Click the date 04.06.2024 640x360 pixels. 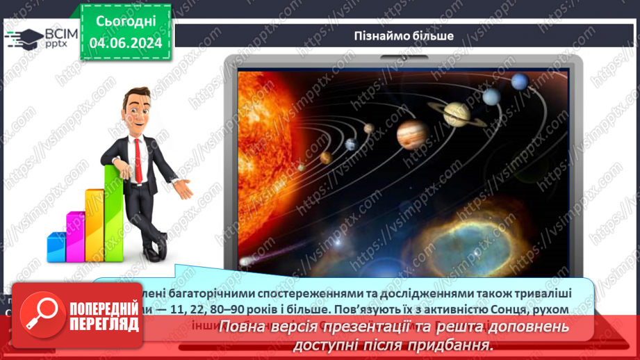(125, 42)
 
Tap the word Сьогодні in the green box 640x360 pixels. (125, 21)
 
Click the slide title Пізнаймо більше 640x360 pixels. (404, 35)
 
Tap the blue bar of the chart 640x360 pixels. (56, 247)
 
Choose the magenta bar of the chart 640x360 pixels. (75, 236)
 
